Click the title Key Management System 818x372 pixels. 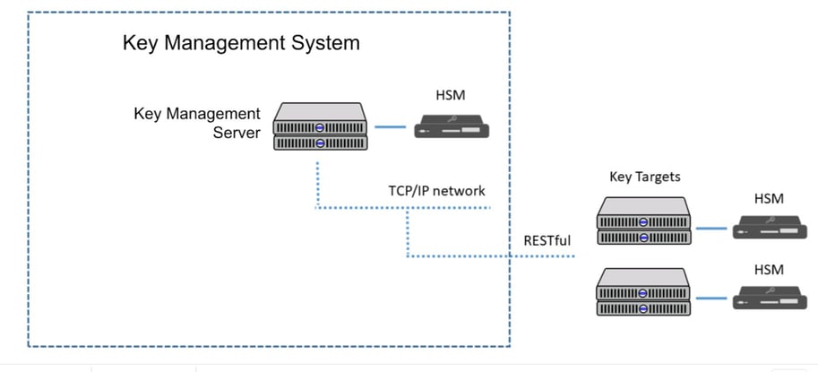[x=241, y=43]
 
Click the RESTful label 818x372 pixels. [x=547, y=240]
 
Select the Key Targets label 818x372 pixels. [x=645, y=177]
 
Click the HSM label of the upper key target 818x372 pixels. [x=769, y=198]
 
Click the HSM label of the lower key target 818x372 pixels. [x=769, y=270]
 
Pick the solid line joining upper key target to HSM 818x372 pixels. [x=712, y=229]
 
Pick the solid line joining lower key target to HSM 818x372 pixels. [x=712, y=299]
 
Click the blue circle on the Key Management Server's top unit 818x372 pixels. [x=319, y=127]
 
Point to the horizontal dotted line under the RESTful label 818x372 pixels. [x=538, y=256]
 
